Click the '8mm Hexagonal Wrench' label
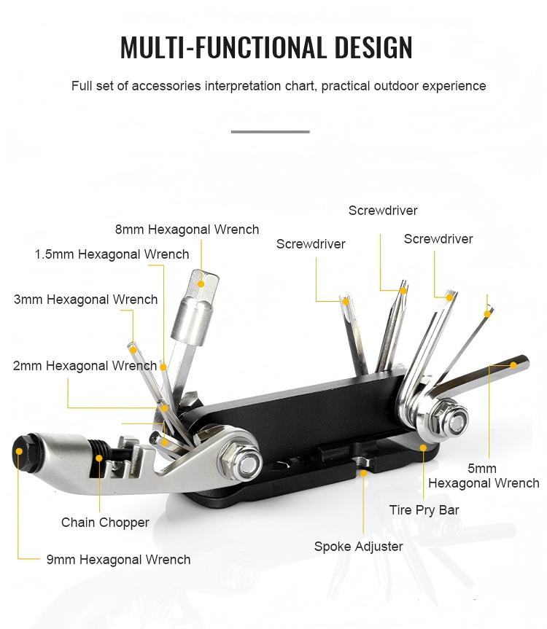(x=187, y=230)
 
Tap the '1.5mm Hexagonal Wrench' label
(x=112, y=254)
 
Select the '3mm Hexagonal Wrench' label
(x=85, y=300)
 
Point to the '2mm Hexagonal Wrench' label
(x=85, y=366)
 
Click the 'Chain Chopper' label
(x=105, y=523)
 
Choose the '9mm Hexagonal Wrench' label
(x=118, y=560)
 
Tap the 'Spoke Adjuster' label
(x=358, y=546)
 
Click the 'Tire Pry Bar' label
(x=424, y=510)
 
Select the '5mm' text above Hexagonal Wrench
(x=482, y=469)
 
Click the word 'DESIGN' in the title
(x=373, y=47)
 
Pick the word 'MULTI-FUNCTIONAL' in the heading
(x=223, y=47)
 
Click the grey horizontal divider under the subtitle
(x=270, y=132)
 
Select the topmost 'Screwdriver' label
(x=382, y=211)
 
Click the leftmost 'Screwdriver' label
(x=310, y=244)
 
